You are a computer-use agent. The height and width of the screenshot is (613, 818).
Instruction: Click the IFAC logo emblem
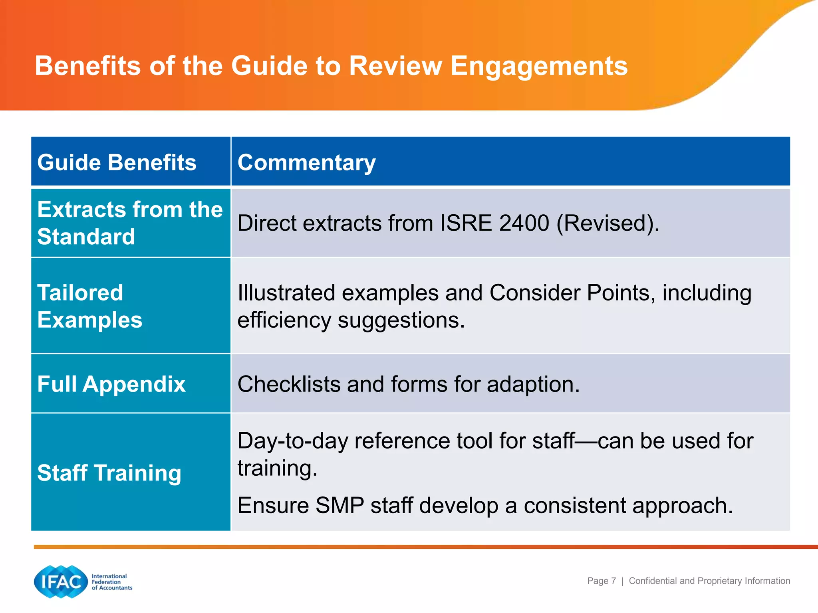[61, 582]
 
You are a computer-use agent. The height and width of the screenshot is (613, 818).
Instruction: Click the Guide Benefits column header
[117, 162]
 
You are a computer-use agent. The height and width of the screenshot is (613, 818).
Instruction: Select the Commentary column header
[306, 162]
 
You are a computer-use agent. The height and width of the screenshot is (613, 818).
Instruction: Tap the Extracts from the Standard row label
[130, 223]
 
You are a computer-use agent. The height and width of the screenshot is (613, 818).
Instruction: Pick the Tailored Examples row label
[89, 306]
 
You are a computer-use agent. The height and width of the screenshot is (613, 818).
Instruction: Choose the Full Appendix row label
[111, 384]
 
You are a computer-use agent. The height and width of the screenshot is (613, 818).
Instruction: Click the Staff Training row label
[109, 473]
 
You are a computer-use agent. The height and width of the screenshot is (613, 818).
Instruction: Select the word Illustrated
[286, 293]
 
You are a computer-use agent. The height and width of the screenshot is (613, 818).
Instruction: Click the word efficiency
[284, 320]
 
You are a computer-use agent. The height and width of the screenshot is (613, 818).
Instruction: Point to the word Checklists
[288, 384]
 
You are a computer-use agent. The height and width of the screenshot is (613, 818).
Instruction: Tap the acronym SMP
[340, 505]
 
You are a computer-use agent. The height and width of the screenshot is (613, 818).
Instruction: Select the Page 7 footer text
[601, 581]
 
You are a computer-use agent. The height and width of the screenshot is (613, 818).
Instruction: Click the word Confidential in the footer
[653, 581]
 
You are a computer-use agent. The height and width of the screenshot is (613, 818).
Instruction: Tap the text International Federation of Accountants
[111, 582]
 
